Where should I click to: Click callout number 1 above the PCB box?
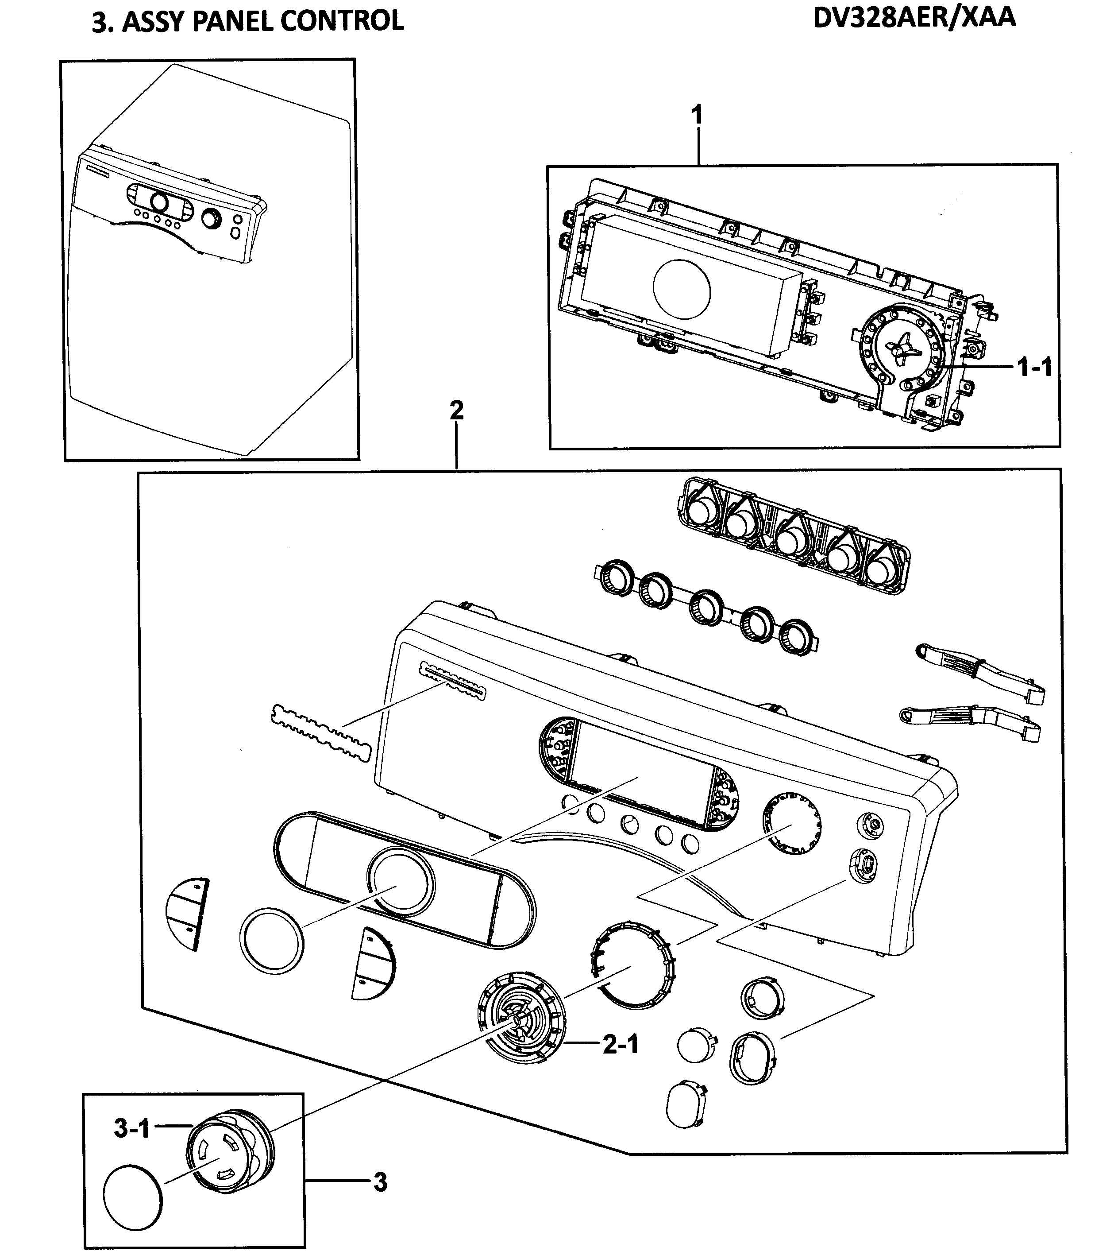[697, 115]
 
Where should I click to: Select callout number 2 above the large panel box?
[456, 410]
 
